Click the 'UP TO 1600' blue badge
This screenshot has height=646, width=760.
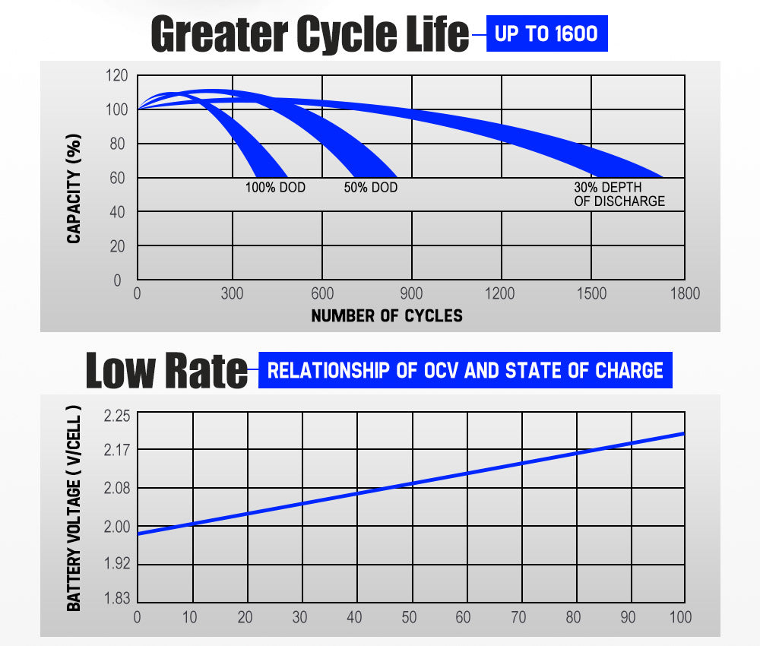pyautogui.click(x=546, y=33)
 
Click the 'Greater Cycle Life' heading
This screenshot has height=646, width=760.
pyautogui.click(x=310, y=34)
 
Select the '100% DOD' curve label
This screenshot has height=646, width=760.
pyautogui.click(x=275, y=187)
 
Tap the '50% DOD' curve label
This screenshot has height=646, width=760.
pyautogui.click(x=370, y=187)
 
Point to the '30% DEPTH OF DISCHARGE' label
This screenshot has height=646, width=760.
pyautogui.click(x=619, y=195)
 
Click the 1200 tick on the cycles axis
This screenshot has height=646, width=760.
pyautogui.click(x=500, y=294)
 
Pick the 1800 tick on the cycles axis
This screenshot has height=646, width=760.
pyautogui.click(x=685, y=294)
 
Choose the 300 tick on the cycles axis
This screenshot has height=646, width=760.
pyautogui.click(x=232, y=294)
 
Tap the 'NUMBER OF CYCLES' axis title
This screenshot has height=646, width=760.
pyautogui.click(x=387, y=315)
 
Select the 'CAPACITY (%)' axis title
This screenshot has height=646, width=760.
pyautogui.click(x=74, y=189)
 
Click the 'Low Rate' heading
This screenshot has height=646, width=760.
pyautogui.click(x=166, y=370)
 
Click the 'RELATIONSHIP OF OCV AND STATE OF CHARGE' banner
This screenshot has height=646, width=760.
pyautogui.click(x=465, y=370)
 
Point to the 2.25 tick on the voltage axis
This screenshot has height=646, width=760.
pyautogui.click(x=116, y=416)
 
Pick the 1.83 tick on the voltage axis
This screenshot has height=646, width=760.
pyautogui.click(x=116, y=598)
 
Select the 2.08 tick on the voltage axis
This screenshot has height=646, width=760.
pyautogui.click(x=116, y=488)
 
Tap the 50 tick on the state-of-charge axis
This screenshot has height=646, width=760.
pyautogui.click(x=409, y=618)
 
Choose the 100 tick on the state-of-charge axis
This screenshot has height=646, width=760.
pyautogui.click(x=681, y=618)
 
